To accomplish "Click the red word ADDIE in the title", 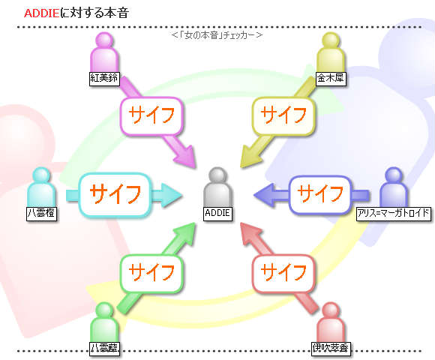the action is [x=41, y=13].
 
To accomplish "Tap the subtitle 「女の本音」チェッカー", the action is [x=217, y=35].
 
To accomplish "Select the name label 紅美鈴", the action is [x=104, y=78].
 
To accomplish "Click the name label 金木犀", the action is [x=331, y=78].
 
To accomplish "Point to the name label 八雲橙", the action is [x=41, y=214].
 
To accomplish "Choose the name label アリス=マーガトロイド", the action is [x=394, y=214].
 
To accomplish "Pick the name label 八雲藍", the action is [x=104, y=348].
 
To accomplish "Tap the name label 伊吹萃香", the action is [x=331, y=348].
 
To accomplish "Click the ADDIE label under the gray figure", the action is [x=217, y=214].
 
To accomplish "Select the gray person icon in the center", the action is [x=217, y=187].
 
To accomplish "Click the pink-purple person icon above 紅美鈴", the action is [x=104, y=52].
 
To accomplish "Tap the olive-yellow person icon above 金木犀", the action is [x=331, y=52].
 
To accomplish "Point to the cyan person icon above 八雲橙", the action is [x=41, y=187].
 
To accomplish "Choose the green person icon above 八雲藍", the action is [x=104, y=322].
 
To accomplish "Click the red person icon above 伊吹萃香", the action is [x=331, y=322].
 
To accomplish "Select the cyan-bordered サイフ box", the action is [x=115, y=194].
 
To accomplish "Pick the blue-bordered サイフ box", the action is [x=320, y=194].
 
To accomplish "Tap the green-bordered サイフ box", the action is [x=151, y=274].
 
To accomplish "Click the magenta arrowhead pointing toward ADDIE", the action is [x=185, y=157].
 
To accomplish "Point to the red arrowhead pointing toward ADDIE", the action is [x=250, y=233].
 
